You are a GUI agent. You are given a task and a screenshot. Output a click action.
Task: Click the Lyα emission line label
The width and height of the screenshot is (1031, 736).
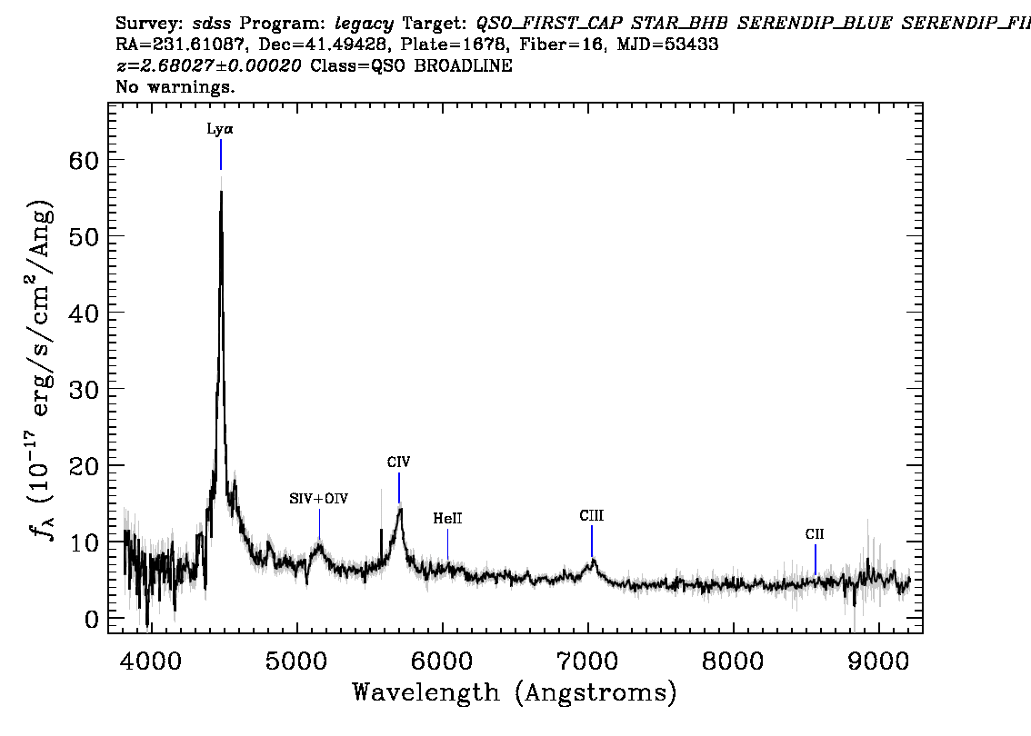(220, 129)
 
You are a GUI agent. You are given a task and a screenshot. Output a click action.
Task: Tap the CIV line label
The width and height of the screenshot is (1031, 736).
(398, 462)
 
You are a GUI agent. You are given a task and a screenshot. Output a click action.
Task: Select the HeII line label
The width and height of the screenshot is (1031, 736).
(447, 519)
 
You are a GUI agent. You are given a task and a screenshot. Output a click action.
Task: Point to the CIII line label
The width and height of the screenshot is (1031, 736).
(591, 516)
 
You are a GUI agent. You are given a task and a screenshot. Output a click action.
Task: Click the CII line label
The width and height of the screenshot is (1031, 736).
(815, 534)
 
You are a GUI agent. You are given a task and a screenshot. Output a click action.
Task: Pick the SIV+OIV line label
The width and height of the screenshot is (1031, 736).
(318, 498)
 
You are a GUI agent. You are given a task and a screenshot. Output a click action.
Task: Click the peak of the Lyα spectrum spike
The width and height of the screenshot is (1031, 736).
(221, 192)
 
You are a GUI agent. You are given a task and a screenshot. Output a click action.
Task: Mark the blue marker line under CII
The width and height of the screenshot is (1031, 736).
(815, 559)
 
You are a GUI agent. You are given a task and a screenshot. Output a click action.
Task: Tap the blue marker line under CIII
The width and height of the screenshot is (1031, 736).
(591, 541)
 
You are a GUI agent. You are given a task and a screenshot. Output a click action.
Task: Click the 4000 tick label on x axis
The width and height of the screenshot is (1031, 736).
(150, 660)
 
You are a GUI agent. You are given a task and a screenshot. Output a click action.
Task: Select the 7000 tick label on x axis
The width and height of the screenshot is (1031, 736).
(588, 660)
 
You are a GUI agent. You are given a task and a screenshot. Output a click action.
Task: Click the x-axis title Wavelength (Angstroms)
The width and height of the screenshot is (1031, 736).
(515, 693)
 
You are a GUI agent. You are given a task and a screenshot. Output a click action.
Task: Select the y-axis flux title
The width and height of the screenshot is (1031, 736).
(45, 368)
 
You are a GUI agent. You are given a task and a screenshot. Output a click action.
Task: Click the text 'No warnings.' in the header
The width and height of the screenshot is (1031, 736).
(175, 88)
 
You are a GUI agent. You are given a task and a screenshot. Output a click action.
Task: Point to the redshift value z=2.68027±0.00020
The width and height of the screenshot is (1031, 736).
(211, 66)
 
